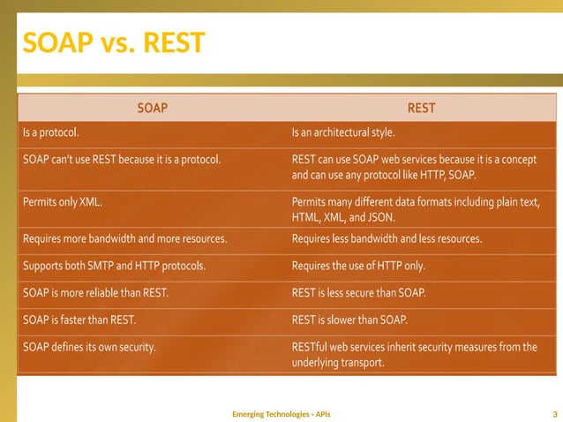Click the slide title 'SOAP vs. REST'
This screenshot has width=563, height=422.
114,41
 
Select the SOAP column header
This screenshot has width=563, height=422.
152,109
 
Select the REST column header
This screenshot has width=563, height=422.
421,109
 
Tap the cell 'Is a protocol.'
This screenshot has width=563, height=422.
51,132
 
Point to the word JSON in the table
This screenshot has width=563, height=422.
380,217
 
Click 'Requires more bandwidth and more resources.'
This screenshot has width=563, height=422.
124,238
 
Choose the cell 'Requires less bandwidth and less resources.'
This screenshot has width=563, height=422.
386,238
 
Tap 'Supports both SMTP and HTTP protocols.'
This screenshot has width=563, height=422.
115,266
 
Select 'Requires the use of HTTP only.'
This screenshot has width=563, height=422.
359,266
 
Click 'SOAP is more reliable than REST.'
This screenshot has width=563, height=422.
95,292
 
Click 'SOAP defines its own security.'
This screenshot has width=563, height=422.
89,347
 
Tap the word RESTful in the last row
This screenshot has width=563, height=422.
312,347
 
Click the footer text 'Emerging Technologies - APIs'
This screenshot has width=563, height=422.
281,413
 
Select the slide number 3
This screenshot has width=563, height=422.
553,413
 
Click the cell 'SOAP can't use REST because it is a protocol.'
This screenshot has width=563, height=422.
121,159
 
